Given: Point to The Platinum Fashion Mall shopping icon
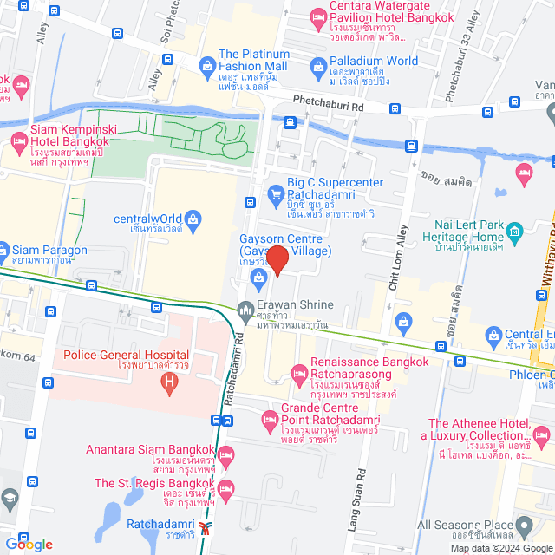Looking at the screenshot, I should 207,64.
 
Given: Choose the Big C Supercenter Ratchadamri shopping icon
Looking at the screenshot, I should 276,192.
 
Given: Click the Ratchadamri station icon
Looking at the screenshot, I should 205,526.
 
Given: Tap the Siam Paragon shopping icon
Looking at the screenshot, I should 5,251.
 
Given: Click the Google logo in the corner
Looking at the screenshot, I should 28,545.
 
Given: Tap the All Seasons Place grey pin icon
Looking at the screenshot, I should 524,526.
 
